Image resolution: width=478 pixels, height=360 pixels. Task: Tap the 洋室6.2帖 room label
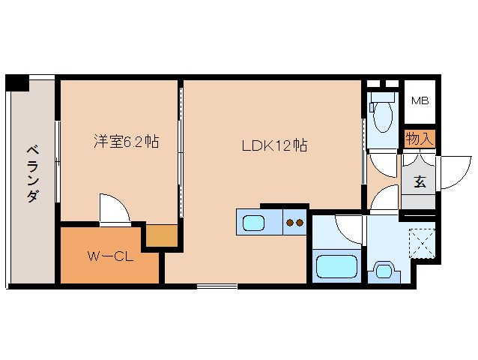[x=126, y=141]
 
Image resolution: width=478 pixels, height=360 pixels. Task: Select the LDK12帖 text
[x=273, y=145]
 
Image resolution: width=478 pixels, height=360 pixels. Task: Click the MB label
[x=420, y=100]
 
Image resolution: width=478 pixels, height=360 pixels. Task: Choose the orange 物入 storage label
[x=419, y=138]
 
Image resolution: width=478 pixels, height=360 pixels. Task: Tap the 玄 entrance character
[x=420, y=181]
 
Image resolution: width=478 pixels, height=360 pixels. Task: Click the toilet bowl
[x=383, y=115]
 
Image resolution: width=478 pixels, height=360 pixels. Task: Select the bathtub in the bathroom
[x=336, y=265]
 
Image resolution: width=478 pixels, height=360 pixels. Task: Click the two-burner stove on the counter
[x=294, y=222]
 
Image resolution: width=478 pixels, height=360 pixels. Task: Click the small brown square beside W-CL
[x=161, y=235]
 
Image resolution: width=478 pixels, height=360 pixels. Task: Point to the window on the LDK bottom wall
[x=217, y=286]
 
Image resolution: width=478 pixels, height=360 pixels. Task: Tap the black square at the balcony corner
[x=16, y=82]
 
